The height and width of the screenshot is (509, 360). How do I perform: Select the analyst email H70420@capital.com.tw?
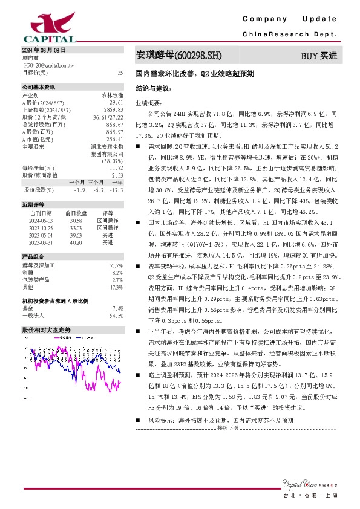click(x=49, y=64)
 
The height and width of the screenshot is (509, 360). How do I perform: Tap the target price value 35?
click(x=120, y=72)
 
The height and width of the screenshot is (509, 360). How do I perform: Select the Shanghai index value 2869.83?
click(x=114, y=110)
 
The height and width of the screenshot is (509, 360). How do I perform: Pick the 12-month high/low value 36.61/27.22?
click(x=109, y=117)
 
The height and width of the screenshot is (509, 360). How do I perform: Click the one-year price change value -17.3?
click(x=117, y=190)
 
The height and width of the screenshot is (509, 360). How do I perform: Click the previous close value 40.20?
click(x=76, y=242)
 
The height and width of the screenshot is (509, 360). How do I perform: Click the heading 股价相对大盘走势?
click(x=47, y=330)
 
